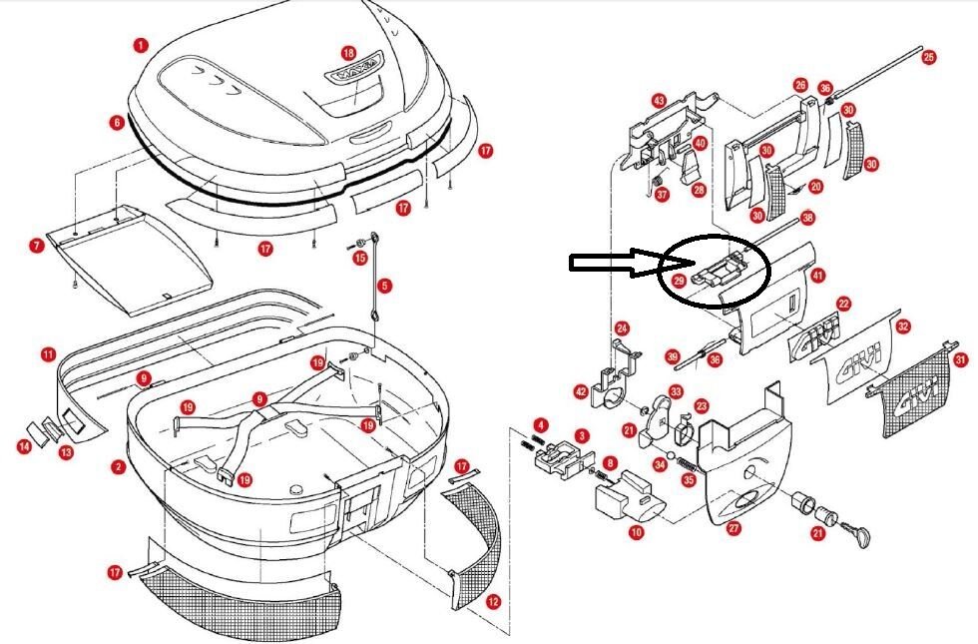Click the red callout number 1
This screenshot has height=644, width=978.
pos(141,45)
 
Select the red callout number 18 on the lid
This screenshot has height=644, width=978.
pos(348,52)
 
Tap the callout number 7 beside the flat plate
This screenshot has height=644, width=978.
pos(36,245)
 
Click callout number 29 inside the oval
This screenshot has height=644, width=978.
pos(679,283)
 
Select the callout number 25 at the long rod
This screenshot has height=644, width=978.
pos(929,57)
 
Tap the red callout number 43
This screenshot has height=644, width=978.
pos(659,101)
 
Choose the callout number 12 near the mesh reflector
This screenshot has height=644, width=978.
pos(492,601)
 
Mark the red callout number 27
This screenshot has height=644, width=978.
pos(733,529)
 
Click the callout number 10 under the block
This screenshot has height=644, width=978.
pos(636,533)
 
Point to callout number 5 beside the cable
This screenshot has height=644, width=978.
pos(385,286)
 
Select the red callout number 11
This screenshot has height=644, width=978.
pos(48,354)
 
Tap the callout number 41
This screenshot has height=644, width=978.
pos(818,275)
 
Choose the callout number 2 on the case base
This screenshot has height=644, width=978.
pos(118,466)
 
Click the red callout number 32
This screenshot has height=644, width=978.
pos(903,325)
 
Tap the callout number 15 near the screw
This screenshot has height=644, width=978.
pos(361,259)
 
